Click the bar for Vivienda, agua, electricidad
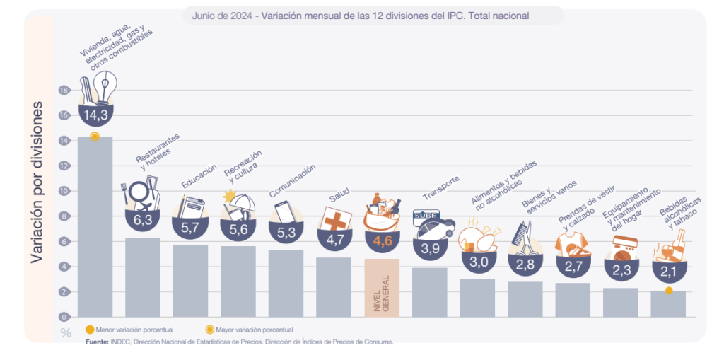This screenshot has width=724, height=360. click(x=95, y=226)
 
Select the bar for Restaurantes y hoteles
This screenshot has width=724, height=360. click(x=143, y=277)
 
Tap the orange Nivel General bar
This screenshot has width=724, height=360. click(x=382, y=287)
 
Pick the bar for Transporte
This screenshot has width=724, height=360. click(x=430, y=291)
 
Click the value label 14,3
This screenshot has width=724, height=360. click(x=95, y=115)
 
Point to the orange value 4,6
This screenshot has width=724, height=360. click(x=382, y=241)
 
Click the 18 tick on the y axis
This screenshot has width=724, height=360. click(x=64, y=91)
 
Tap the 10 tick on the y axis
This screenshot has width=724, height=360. click(x=64, y=191)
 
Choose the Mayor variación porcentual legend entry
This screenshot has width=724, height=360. click(x=251, y=330)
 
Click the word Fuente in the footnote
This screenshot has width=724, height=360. click(x=97, y=342)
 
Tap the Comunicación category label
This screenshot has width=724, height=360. click(x=292, y=181)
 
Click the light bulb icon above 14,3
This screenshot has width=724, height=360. click(x=105, y=87)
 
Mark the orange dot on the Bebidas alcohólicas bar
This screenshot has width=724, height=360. click(x=668, y=291)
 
